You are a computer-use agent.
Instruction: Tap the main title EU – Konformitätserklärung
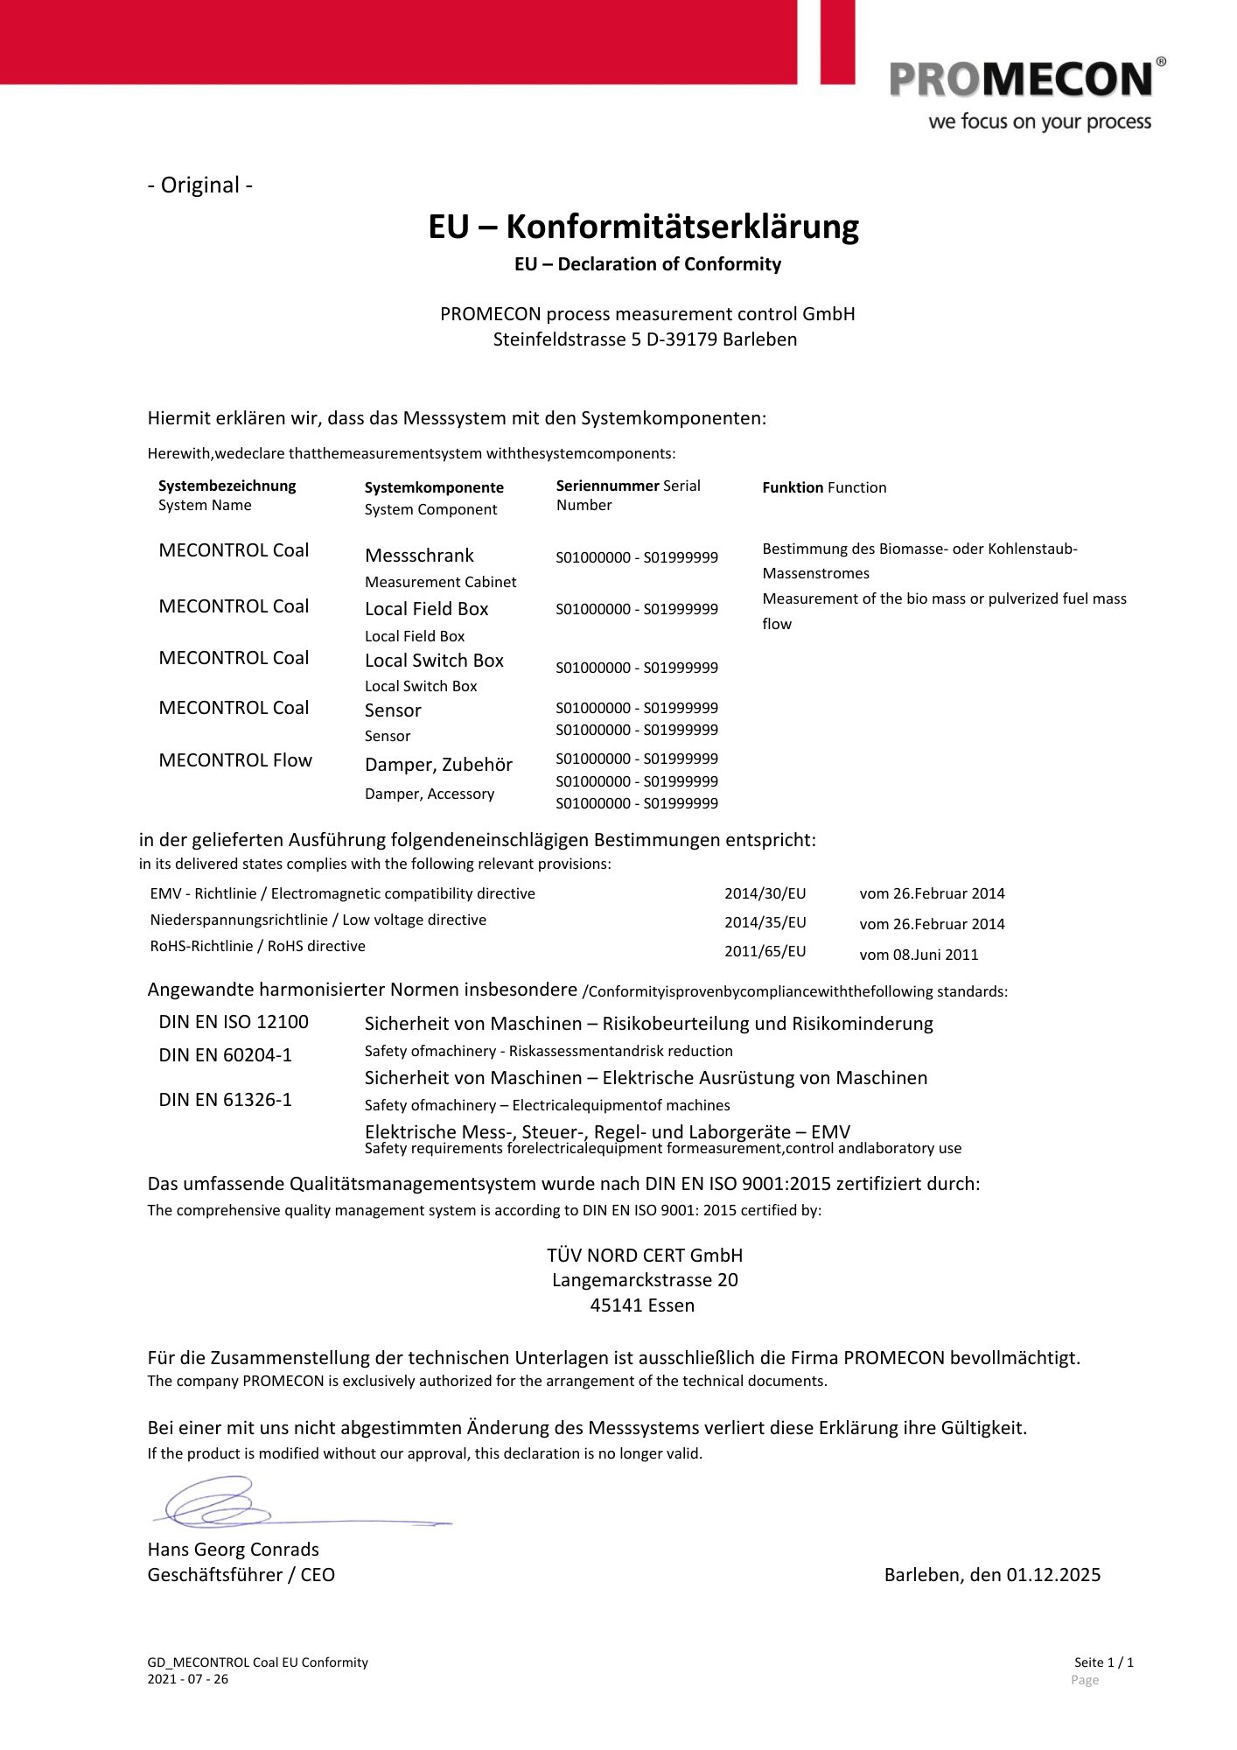coord(643,227)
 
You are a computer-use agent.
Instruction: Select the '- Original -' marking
coord(200,185)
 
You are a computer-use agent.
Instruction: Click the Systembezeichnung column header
coord(227,486)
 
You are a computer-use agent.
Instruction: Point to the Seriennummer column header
coord(609,486)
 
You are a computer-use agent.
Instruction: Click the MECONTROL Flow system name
coord(235,760)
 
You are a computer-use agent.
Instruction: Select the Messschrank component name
coord(419,556)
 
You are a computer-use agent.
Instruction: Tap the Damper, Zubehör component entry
coord(438,765)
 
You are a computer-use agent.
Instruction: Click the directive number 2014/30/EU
coord(765,893)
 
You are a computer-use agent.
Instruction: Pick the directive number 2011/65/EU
coord(765,951)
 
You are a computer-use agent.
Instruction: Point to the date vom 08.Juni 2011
coord(919,955)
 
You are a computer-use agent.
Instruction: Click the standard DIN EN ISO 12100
coord(234,1022)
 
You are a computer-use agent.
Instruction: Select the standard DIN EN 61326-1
coord(226,1100)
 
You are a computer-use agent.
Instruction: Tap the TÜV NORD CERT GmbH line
coord(645,1256)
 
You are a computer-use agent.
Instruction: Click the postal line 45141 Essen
coord(642,1305)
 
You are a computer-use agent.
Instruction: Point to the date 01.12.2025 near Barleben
coord(1053,1575)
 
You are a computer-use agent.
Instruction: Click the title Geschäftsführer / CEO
coord(241,1575)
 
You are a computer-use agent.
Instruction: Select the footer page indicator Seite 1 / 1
coord(1103,1662)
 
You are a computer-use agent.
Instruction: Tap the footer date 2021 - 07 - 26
coord(188,1679)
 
